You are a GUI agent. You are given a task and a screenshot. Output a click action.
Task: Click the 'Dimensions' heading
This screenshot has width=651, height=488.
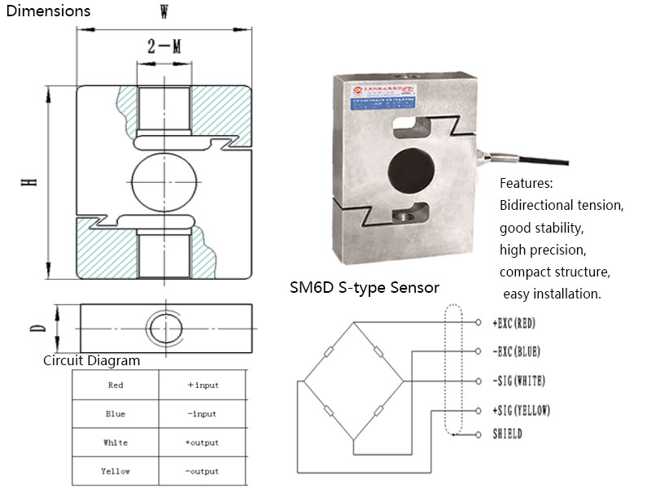point(46,11)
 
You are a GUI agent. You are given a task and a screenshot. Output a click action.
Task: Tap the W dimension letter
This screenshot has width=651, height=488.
point(164,12)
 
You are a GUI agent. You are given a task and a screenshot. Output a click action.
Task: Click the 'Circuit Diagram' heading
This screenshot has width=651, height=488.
point(91,360)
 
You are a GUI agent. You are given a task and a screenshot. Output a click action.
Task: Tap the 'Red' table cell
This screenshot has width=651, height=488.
point(116,385)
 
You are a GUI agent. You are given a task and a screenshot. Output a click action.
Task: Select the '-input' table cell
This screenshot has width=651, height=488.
point(202,414)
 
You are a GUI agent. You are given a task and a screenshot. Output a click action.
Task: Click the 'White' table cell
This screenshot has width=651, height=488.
point(116,442)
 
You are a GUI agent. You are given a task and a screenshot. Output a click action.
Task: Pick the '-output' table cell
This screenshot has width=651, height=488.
point(202,471)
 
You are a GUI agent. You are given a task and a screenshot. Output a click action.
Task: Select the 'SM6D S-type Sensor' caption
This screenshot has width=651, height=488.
point(365,288)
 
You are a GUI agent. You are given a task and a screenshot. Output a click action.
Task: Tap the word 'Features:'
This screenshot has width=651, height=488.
point(526,183)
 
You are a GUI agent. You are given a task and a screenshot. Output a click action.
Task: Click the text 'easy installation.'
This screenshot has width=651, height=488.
point(552,294)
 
